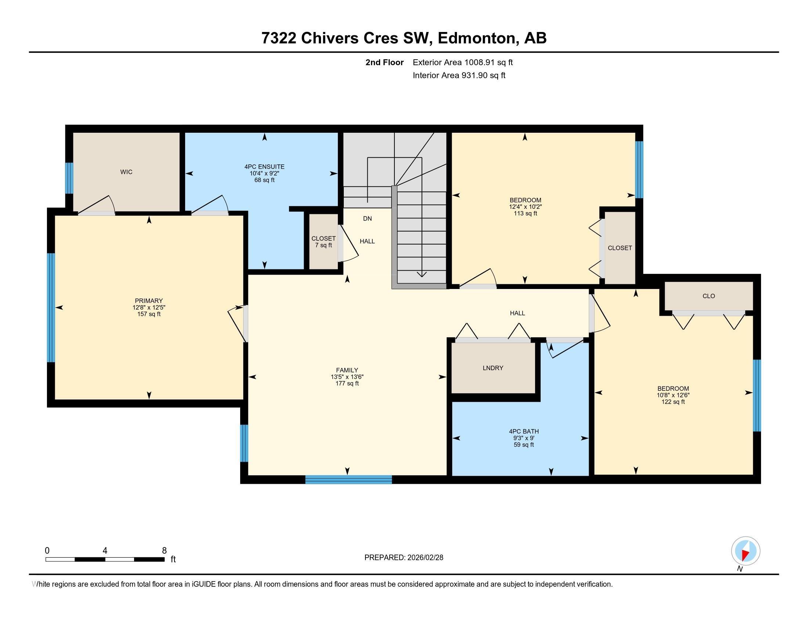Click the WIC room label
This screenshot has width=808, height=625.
coord(126,172)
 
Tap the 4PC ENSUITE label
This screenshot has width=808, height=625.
coord(264,167)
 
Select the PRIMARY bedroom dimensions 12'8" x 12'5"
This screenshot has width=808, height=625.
coord(149,307)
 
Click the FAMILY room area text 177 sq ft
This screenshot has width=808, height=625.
coord(347,383)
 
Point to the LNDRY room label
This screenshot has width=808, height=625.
coord(493,368)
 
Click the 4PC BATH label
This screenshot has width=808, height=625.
coord(523,431)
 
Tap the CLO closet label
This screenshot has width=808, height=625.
coord(708,296)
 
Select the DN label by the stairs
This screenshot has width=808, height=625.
coord(367,218)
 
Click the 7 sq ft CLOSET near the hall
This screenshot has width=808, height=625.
coord(323,242)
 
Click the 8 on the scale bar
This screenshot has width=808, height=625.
coord(164,550)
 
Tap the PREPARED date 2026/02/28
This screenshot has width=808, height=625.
coord(404,557)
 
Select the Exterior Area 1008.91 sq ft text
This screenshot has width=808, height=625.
coord(462,62)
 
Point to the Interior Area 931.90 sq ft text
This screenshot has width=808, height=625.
coord(459,75)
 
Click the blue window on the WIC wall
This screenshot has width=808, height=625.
coord(69,178)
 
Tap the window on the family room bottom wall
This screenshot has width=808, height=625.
coord(348,479)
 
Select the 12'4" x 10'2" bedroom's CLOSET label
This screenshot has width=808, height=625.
coord(620,248)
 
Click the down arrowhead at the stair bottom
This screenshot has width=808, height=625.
coord(421,274)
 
